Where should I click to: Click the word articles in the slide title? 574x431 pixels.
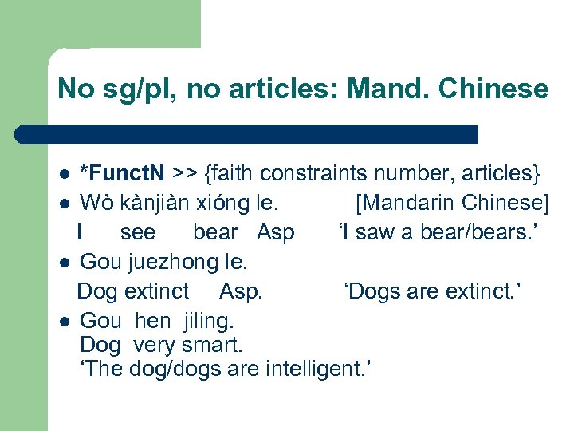tap(297, 89)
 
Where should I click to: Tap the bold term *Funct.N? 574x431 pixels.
tap(123, 173)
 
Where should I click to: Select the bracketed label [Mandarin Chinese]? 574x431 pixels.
tap(452, 203)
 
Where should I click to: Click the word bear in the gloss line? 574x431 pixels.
tap(215, 232)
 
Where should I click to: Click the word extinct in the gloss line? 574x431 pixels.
tap(156, 291)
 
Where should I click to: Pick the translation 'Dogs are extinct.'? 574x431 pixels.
tap(432, 291)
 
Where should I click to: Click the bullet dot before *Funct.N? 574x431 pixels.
tap(65, 174)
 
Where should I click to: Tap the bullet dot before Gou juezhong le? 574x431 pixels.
tap(65, 262)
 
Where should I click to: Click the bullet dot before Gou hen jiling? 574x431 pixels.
tap(65, 322)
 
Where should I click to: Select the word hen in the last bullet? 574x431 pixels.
tap(153, 321)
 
